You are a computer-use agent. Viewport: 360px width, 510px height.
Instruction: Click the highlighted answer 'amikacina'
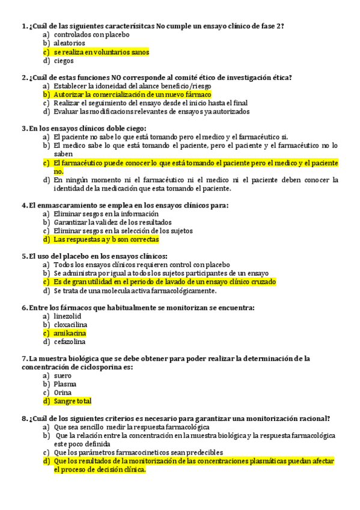[70, 333]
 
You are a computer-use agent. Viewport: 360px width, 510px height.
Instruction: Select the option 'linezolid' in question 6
[67, 316]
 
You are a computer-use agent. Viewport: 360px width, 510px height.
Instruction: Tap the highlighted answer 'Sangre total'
[72, 401]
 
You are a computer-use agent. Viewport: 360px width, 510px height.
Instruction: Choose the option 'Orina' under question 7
[63, 393]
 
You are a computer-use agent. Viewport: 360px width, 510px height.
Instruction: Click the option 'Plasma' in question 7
[65, 384]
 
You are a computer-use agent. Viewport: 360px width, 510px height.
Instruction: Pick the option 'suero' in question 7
[63, 375]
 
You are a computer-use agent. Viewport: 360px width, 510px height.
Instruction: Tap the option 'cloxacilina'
[70, 325]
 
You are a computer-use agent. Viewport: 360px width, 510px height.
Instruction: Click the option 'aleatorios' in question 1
[69, 43]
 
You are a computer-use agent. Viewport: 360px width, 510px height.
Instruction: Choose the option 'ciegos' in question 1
[64, 61]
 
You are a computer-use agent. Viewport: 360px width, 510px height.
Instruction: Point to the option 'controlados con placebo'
[91, 35]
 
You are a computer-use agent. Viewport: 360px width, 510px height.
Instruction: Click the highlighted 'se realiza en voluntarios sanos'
[101, 52]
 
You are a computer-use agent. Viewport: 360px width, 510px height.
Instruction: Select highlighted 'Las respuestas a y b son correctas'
[106, 239]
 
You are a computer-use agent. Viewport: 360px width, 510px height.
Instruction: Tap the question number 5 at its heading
[23, 256]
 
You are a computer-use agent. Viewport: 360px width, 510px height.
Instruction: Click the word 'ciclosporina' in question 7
[100, 367]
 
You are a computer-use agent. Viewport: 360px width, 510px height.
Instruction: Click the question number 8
[23, 419]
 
